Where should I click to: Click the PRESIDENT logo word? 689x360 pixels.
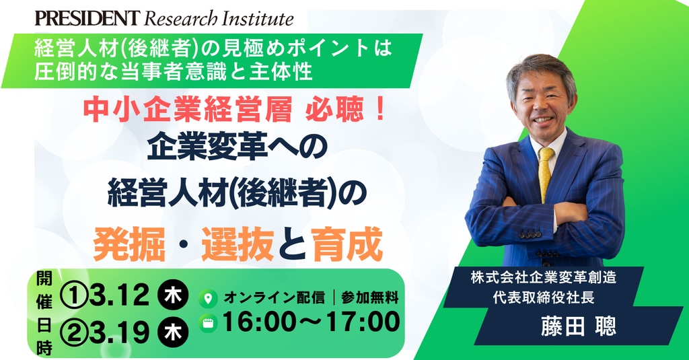(x=87, y=18)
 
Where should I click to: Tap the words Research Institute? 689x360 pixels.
(x=219, y=18)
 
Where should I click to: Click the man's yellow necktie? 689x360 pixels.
(x=545, y=173)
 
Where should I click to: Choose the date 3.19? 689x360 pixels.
(x=119, y=332)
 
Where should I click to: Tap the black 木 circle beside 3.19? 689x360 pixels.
(x=173, y=332)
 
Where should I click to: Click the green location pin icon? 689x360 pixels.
(x=208, y=299)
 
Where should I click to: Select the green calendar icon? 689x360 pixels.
(x=208, y=323)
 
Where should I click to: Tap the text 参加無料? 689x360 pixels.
(x=369, y=297)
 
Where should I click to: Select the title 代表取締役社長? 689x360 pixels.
(x=544, y=297)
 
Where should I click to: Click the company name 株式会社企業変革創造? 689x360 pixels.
(x=544, y=277)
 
